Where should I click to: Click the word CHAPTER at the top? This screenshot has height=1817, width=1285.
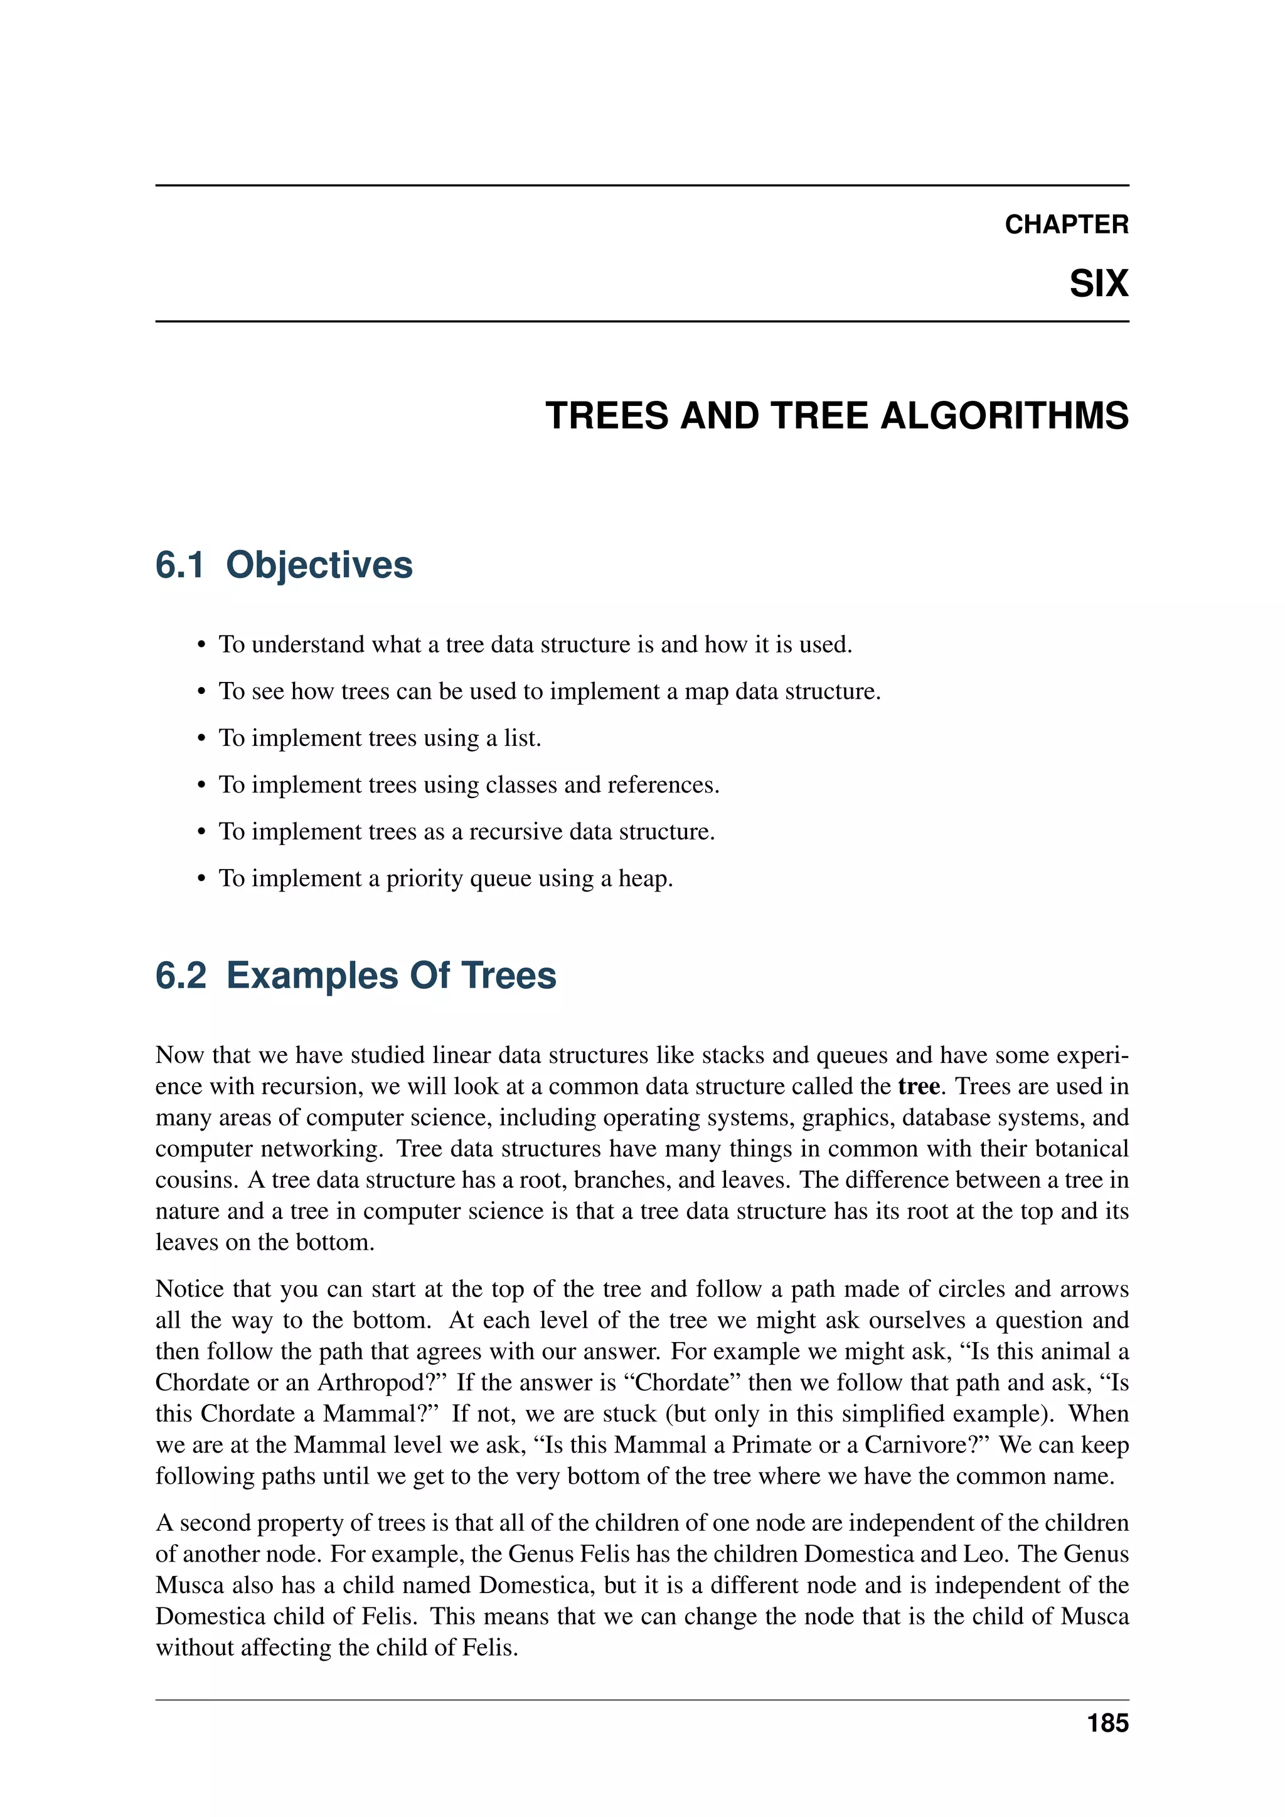[1066, 225]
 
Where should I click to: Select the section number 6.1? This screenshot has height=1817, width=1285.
[179, 565]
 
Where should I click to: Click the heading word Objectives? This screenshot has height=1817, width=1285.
[319, 565]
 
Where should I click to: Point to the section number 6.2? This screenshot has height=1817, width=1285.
[181, 975]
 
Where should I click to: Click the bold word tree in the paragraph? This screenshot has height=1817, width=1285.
[919, 1086]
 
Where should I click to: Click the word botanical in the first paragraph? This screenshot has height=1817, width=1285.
[1081, 1148]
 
